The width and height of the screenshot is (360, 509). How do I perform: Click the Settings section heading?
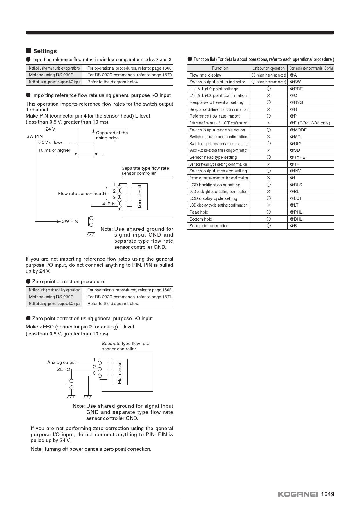45,51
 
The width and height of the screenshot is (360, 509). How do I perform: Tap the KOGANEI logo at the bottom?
298,494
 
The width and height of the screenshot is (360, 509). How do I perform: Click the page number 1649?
327,494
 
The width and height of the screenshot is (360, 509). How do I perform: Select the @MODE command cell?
298,130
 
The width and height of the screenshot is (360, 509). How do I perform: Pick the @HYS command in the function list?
296,102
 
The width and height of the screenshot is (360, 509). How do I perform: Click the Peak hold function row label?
199,212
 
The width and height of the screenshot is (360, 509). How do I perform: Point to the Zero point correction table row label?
209,226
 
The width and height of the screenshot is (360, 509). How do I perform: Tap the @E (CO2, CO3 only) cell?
310,123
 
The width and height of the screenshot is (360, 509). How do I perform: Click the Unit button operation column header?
269,68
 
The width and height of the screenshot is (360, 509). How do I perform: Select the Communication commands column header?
311,68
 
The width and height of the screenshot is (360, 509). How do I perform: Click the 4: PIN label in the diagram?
109,204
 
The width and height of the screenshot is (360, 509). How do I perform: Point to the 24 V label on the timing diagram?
50,129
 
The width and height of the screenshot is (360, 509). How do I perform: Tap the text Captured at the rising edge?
112,135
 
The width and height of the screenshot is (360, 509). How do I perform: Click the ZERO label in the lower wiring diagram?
64,369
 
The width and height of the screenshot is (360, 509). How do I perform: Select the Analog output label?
62,362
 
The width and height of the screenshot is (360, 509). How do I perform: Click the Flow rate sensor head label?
81,194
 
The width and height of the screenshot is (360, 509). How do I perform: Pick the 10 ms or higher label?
54,150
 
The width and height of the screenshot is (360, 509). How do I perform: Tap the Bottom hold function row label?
201,219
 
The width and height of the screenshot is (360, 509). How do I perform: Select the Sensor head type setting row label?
213,157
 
